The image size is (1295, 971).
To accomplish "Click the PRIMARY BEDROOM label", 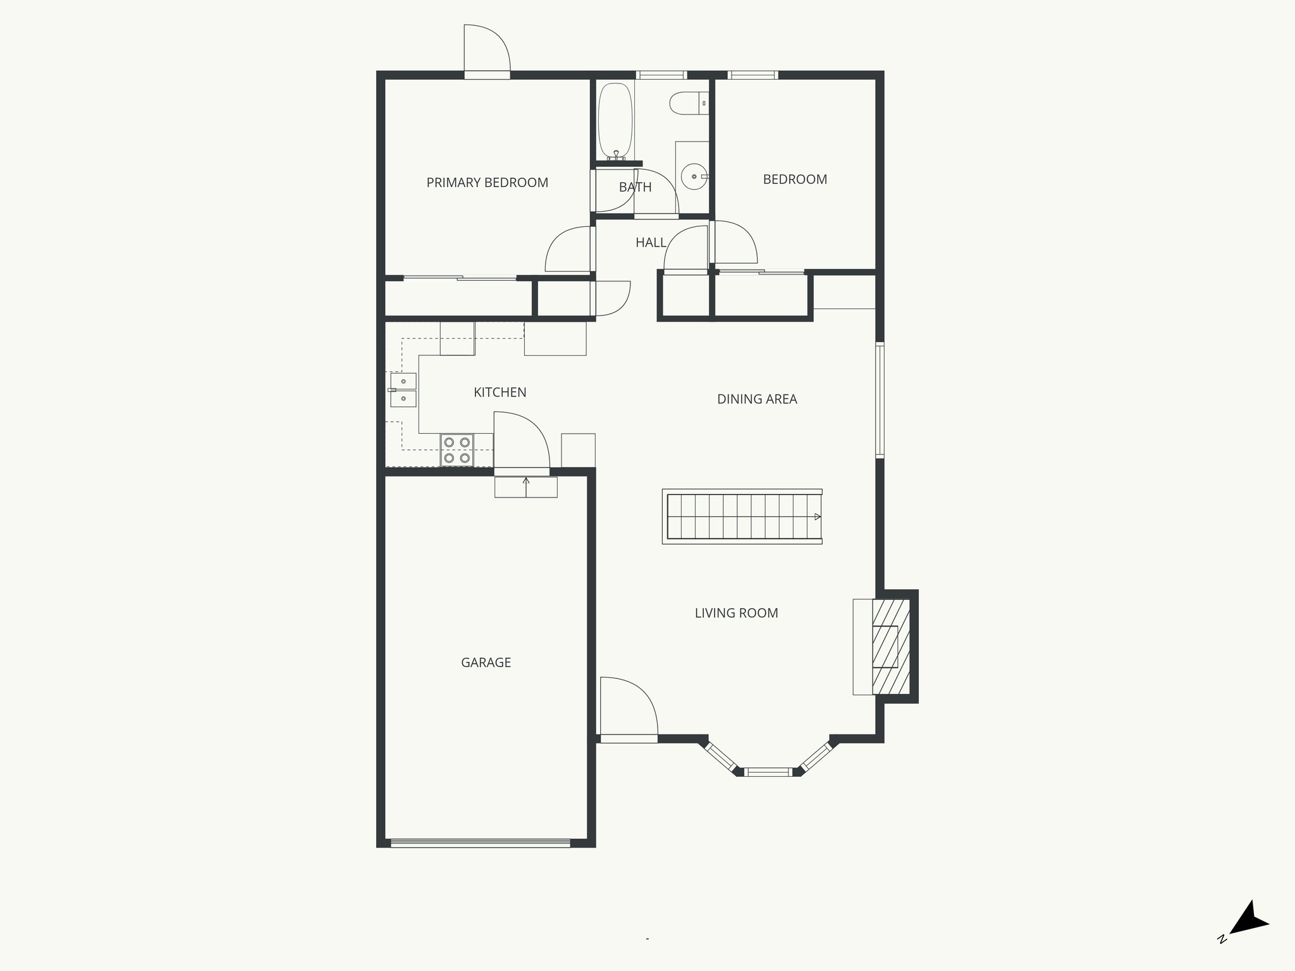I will click(x=487, y=183).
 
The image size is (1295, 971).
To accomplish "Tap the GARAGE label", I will click(x=486, y=663).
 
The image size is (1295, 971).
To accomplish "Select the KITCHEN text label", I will click(x=500, y=393).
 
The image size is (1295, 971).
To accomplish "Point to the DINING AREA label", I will click(x=757, y=399).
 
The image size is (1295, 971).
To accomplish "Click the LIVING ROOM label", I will click(x=736, y=613).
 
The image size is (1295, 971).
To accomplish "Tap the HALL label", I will click(x=651, y=243).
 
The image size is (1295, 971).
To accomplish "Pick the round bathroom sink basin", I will click(x=694, y=177).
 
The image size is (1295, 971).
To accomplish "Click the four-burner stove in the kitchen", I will click(x=457, y=450).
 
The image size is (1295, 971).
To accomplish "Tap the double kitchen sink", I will click(x=403, y=390).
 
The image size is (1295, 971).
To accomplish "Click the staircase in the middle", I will click(x=742, y=516).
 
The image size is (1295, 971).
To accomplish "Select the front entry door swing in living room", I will click(x=627, y=708).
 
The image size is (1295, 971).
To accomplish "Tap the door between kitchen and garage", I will click(x=521, y=443).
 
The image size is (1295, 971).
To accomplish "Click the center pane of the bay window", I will click(x=767, y=771).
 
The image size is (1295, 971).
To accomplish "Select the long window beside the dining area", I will click(x=880, y=400).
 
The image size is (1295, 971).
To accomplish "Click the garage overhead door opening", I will click(x=481, y=843).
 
